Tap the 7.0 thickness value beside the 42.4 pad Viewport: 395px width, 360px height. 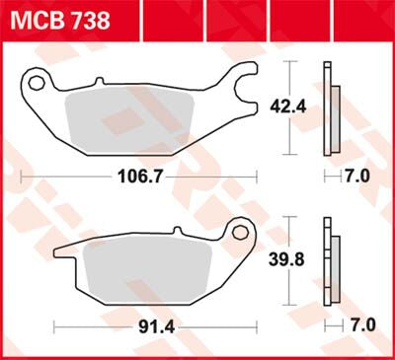tap(356, 178)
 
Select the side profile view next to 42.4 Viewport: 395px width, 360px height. tap(331, 108)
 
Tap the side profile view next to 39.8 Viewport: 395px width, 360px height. tap(331, 262)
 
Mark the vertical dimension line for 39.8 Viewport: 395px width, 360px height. tap(288, 286)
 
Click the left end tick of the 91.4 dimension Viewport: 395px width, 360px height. tap(54, 324)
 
